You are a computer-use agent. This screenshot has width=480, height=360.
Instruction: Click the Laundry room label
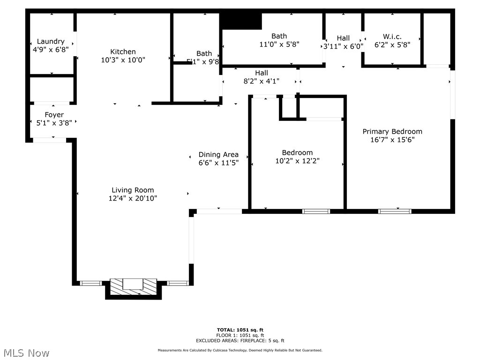pyautogui.click(x=51, y=41)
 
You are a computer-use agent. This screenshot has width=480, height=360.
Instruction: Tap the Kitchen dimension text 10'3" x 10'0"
pyautogui.click(x=123, y=60)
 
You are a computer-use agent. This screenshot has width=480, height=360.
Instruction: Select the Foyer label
pyautogui.click(x=54, y=115)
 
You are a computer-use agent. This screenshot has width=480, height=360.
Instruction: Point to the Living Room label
pyautogui.click(x=133, y=190)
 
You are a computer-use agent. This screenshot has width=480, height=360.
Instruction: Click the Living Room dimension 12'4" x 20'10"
pyautogui.click(x=133, y=198)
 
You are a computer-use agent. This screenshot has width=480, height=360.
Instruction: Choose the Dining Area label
pyautogui.click(x=218, y=154)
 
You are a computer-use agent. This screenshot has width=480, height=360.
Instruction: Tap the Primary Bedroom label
pyautogui.click(x=392, y=131)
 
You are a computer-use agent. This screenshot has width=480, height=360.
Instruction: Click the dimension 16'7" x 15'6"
pyautogui.click(x=392, y=140)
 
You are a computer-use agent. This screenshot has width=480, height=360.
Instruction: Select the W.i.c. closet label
pyautogui.click(x=392, y=37)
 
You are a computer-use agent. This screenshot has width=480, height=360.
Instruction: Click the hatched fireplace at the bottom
pyautogui.click(x=133, y=287)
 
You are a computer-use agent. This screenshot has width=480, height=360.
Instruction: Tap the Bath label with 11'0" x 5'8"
pyautogui.click(x=279, y=36)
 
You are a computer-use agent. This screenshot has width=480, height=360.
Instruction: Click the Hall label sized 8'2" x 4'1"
pyautogui.click(x=262, y=73)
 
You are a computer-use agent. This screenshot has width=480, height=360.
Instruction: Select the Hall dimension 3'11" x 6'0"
pyautogui.click(x=343, y=46)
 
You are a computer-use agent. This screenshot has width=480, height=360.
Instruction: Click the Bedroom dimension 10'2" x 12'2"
pyautogui.click(x=297, y=161)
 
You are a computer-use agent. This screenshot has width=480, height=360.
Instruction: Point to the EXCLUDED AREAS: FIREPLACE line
pyautogui.click(x=240, y=341)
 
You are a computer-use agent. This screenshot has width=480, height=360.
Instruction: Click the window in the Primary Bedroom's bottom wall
pyautogui.click(x=395, y=211)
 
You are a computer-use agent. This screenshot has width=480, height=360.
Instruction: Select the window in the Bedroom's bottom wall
pyautogui.click(x=316, y=211)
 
